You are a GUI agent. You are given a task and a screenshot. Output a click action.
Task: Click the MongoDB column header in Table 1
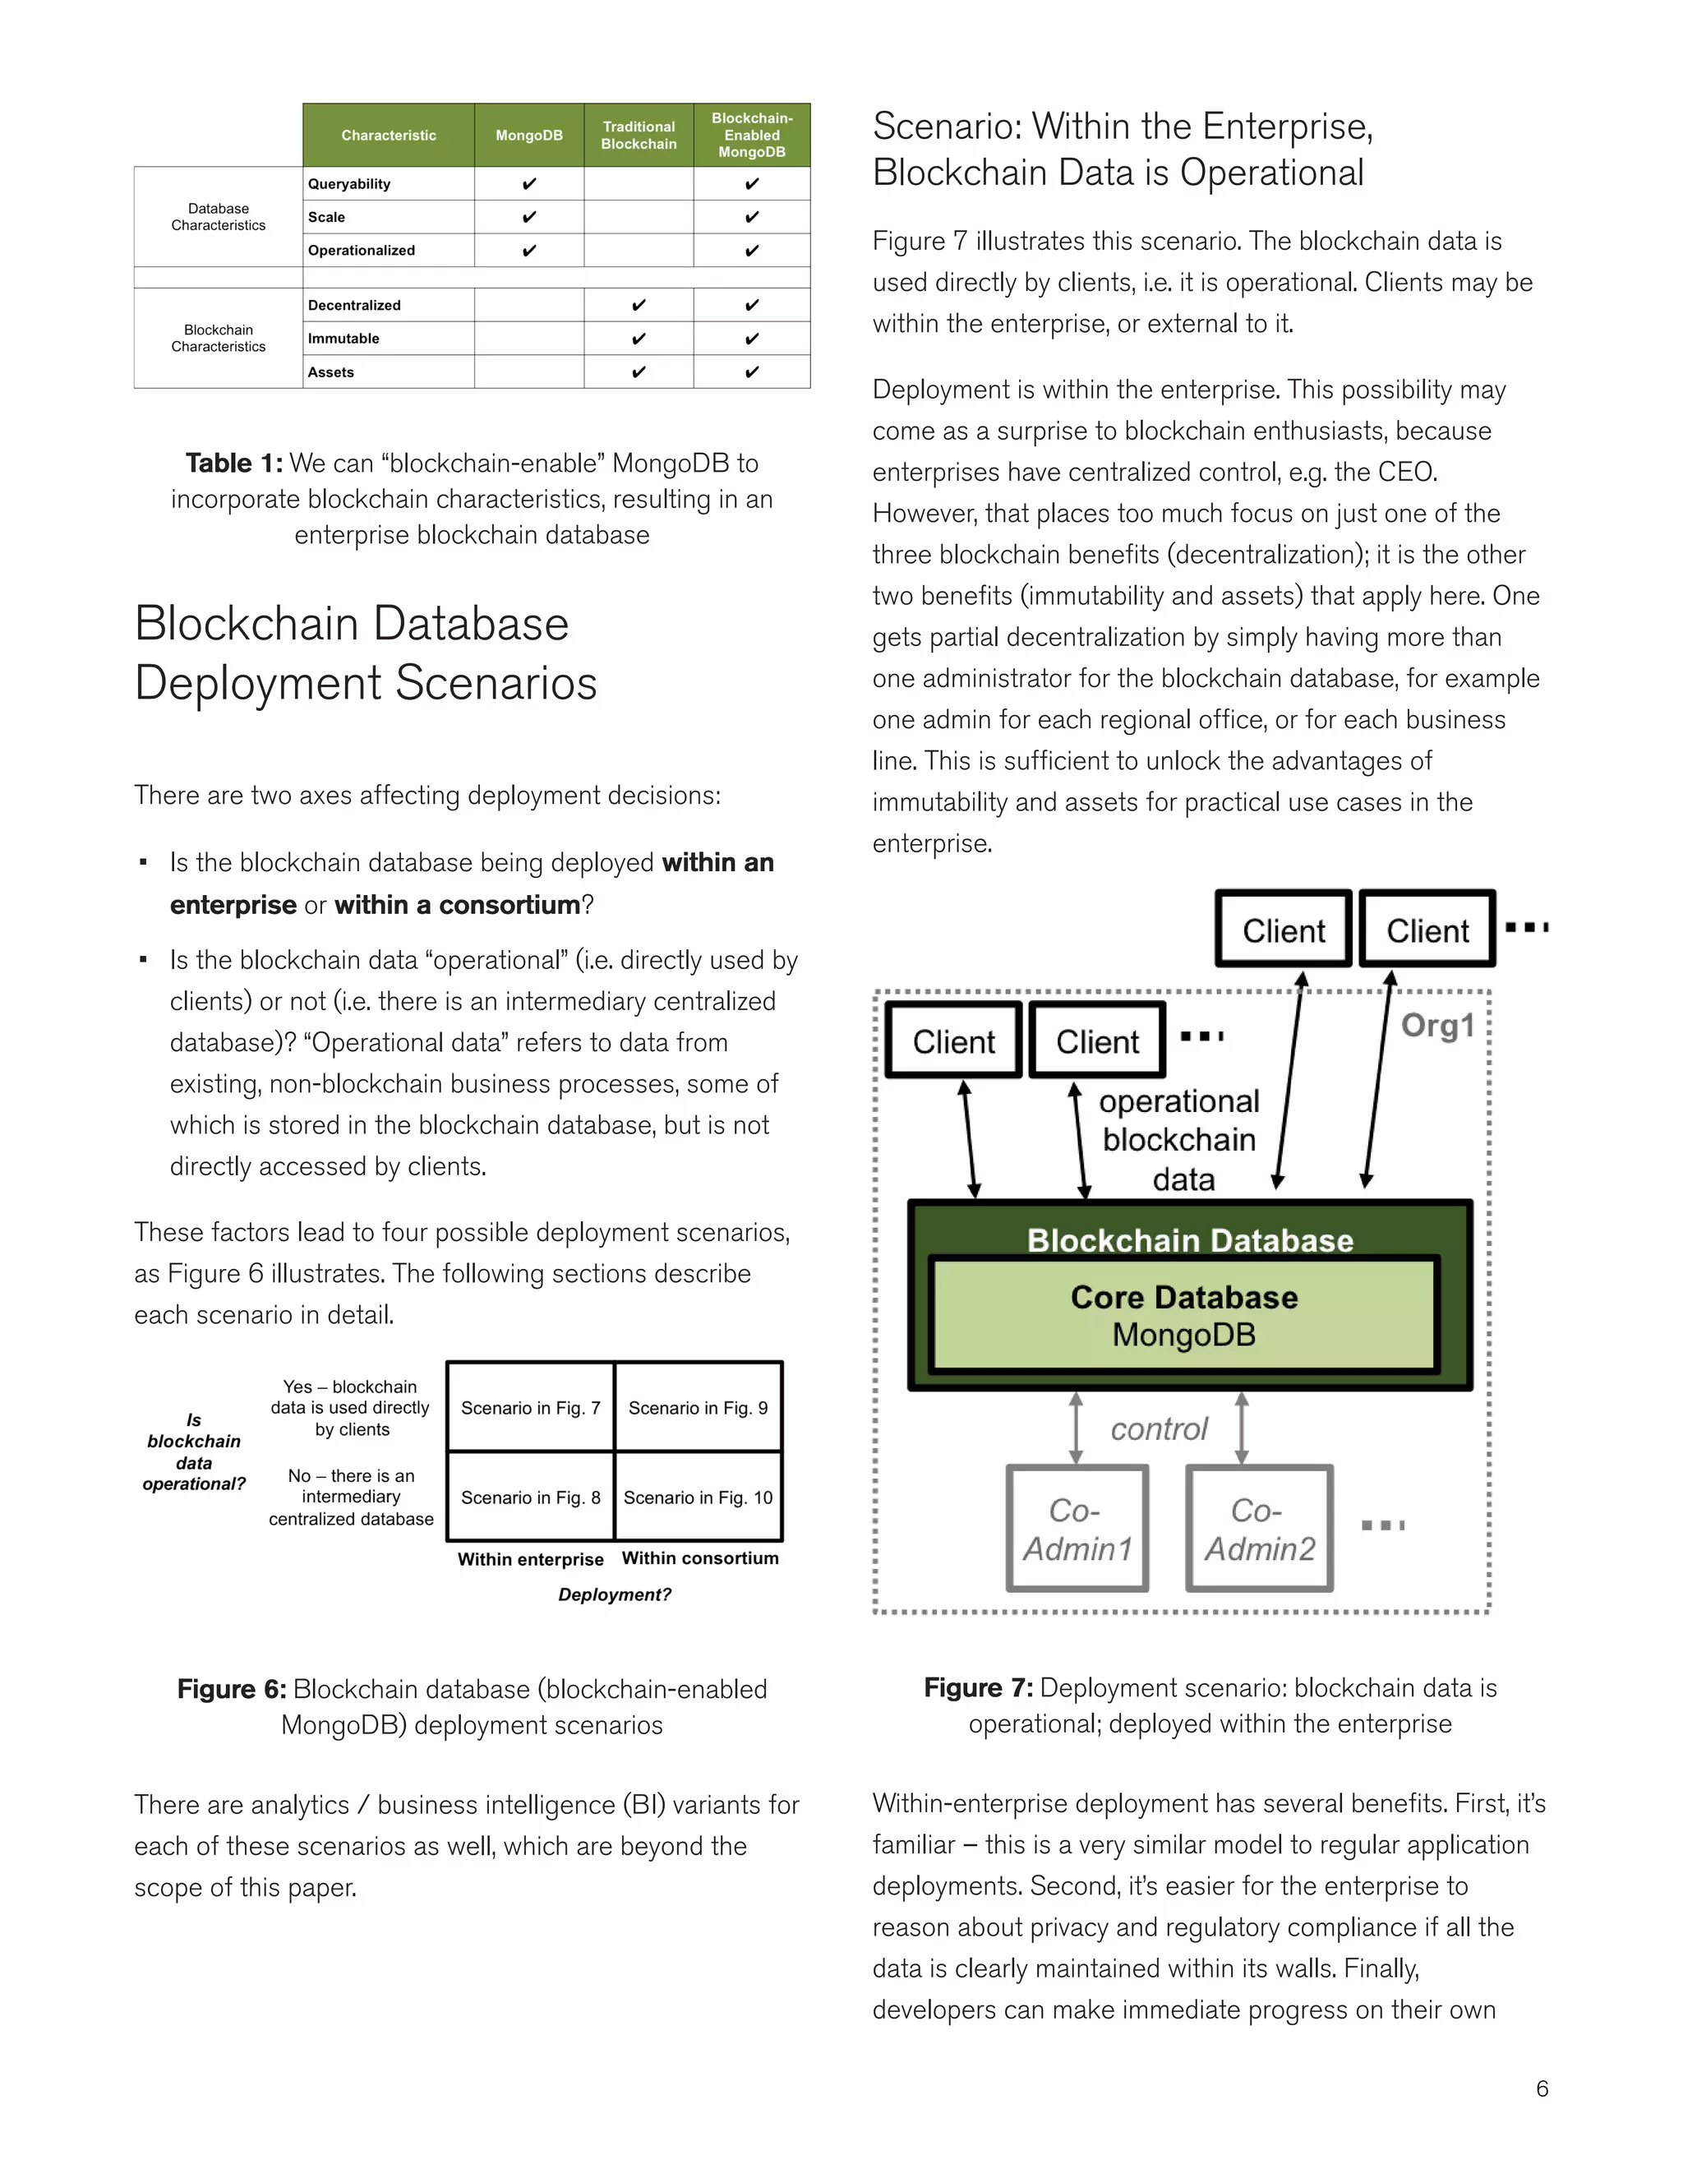(528, 135)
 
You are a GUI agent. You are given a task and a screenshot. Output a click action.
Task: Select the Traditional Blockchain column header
(638, 135)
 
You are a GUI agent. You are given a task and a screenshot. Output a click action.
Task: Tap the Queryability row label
(349, 183)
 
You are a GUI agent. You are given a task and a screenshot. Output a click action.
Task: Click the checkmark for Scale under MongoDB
(528, 216)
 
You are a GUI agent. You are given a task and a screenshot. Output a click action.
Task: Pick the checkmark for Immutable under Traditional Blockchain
(638, 338)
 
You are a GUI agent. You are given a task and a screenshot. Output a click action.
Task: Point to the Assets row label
(331, 372)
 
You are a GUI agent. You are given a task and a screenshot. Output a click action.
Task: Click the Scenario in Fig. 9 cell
(698, 1407)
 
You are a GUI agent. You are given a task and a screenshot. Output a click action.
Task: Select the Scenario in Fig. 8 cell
(530, 1497)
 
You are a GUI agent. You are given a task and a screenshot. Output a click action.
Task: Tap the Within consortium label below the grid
(700, 1557)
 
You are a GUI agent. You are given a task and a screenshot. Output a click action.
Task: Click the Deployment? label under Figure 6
(614, 1594)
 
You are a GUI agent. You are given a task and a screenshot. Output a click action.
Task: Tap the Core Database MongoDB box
(1183, 1315)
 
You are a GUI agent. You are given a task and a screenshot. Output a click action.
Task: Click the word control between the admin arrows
(1159, 1429)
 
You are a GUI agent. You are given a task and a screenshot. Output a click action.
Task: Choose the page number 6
(1542, 2088)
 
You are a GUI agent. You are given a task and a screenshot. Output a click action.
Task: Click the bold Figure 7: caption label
(978, 1687)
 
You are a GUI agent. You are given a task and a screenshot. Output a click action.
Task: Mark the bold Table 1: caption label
(234, 463)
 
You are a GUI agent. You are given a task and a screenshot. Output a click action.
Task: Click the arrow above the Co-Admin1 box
(1076, 1428)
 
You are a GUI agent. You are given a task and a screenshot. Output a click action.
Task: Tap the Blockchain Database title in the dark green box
(1189, 1239)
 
